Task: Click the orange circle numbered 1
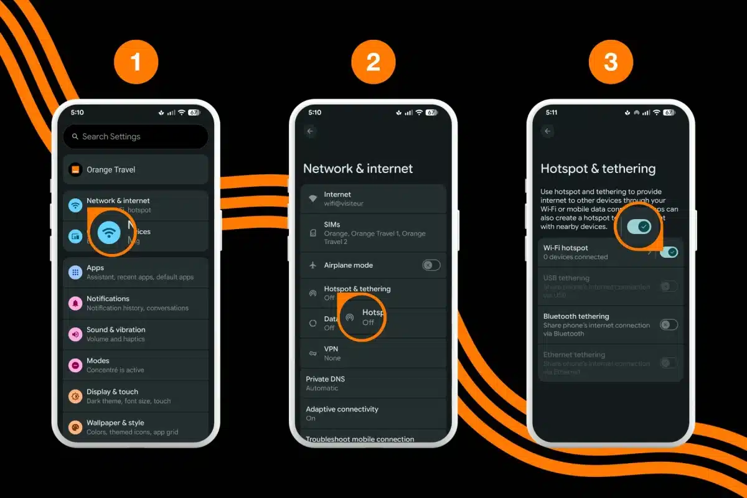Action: [x=136, y=62]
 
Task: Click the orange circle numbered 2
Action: [x=374, y=62]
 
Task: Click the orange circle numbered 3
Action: [x=611, y=62]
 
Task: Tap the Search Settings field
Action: [x=136, y=136]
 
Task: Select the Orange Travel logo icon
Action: [x=75, y=169]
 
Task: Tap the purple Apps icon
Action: [x=75, y=272]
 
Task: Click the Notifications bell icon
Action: [x=75, y=303]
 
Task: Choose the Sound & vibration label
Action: [x=116, y=329]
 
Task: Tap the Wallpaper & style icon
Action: [x=75, y=427]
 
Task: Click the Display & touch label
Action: [x=112, y=392]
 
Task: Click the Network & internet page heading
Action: [x=358, y=168]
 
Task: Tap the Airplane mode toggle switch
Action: [x=431, y=265]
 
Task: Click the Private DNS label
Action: [x=325, y=378]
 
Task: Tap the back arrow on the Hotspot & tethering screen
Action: [x=548, y=131]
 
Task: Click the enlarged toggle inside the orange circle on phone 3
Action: [x=639, y=227]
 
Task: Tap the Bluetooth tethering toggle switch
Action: [x=669, y=324]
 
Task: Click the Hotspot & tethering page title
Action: [x=598, y=168]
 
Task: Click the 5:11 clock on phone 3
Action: [x=552, y=113]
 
